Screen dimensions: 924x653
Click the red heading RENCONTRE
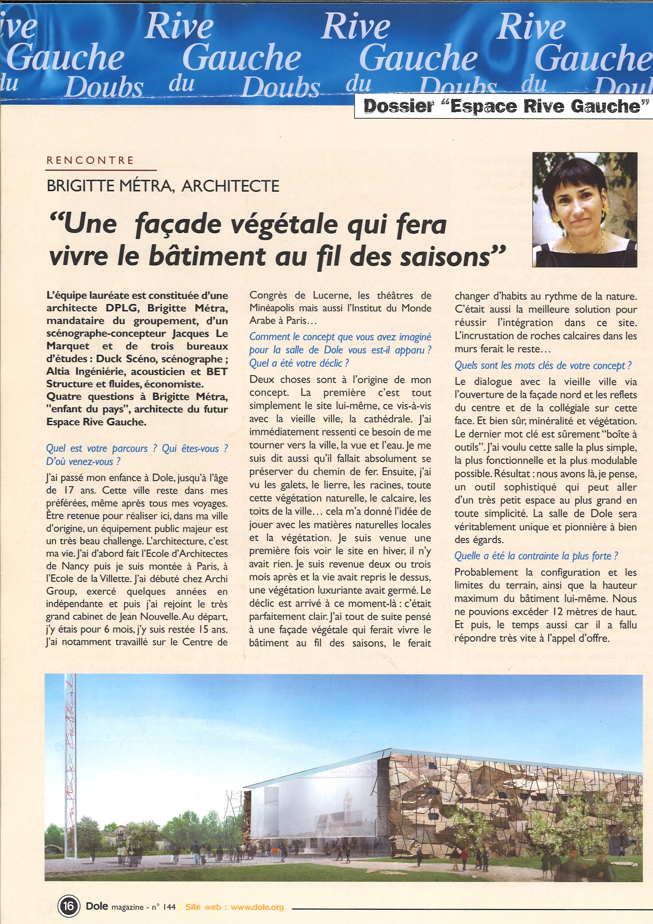90,160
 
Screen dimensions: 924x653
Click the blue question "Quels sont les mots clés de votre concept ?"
543,365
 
